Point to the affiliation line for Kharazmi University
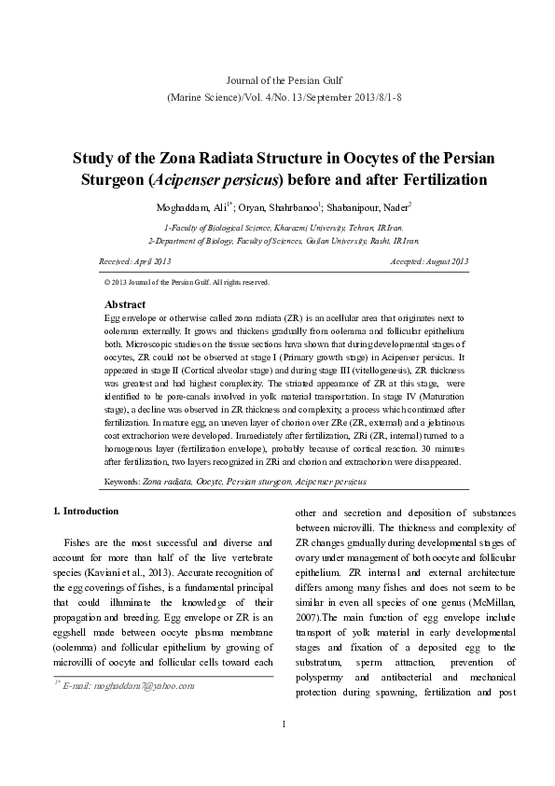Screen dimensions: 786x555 277,227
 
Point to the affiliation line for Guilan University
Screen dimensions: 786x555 277,240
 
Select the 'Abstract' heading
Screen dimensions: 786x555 125,304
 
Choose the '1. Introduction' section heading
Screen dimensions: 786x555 85,512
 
